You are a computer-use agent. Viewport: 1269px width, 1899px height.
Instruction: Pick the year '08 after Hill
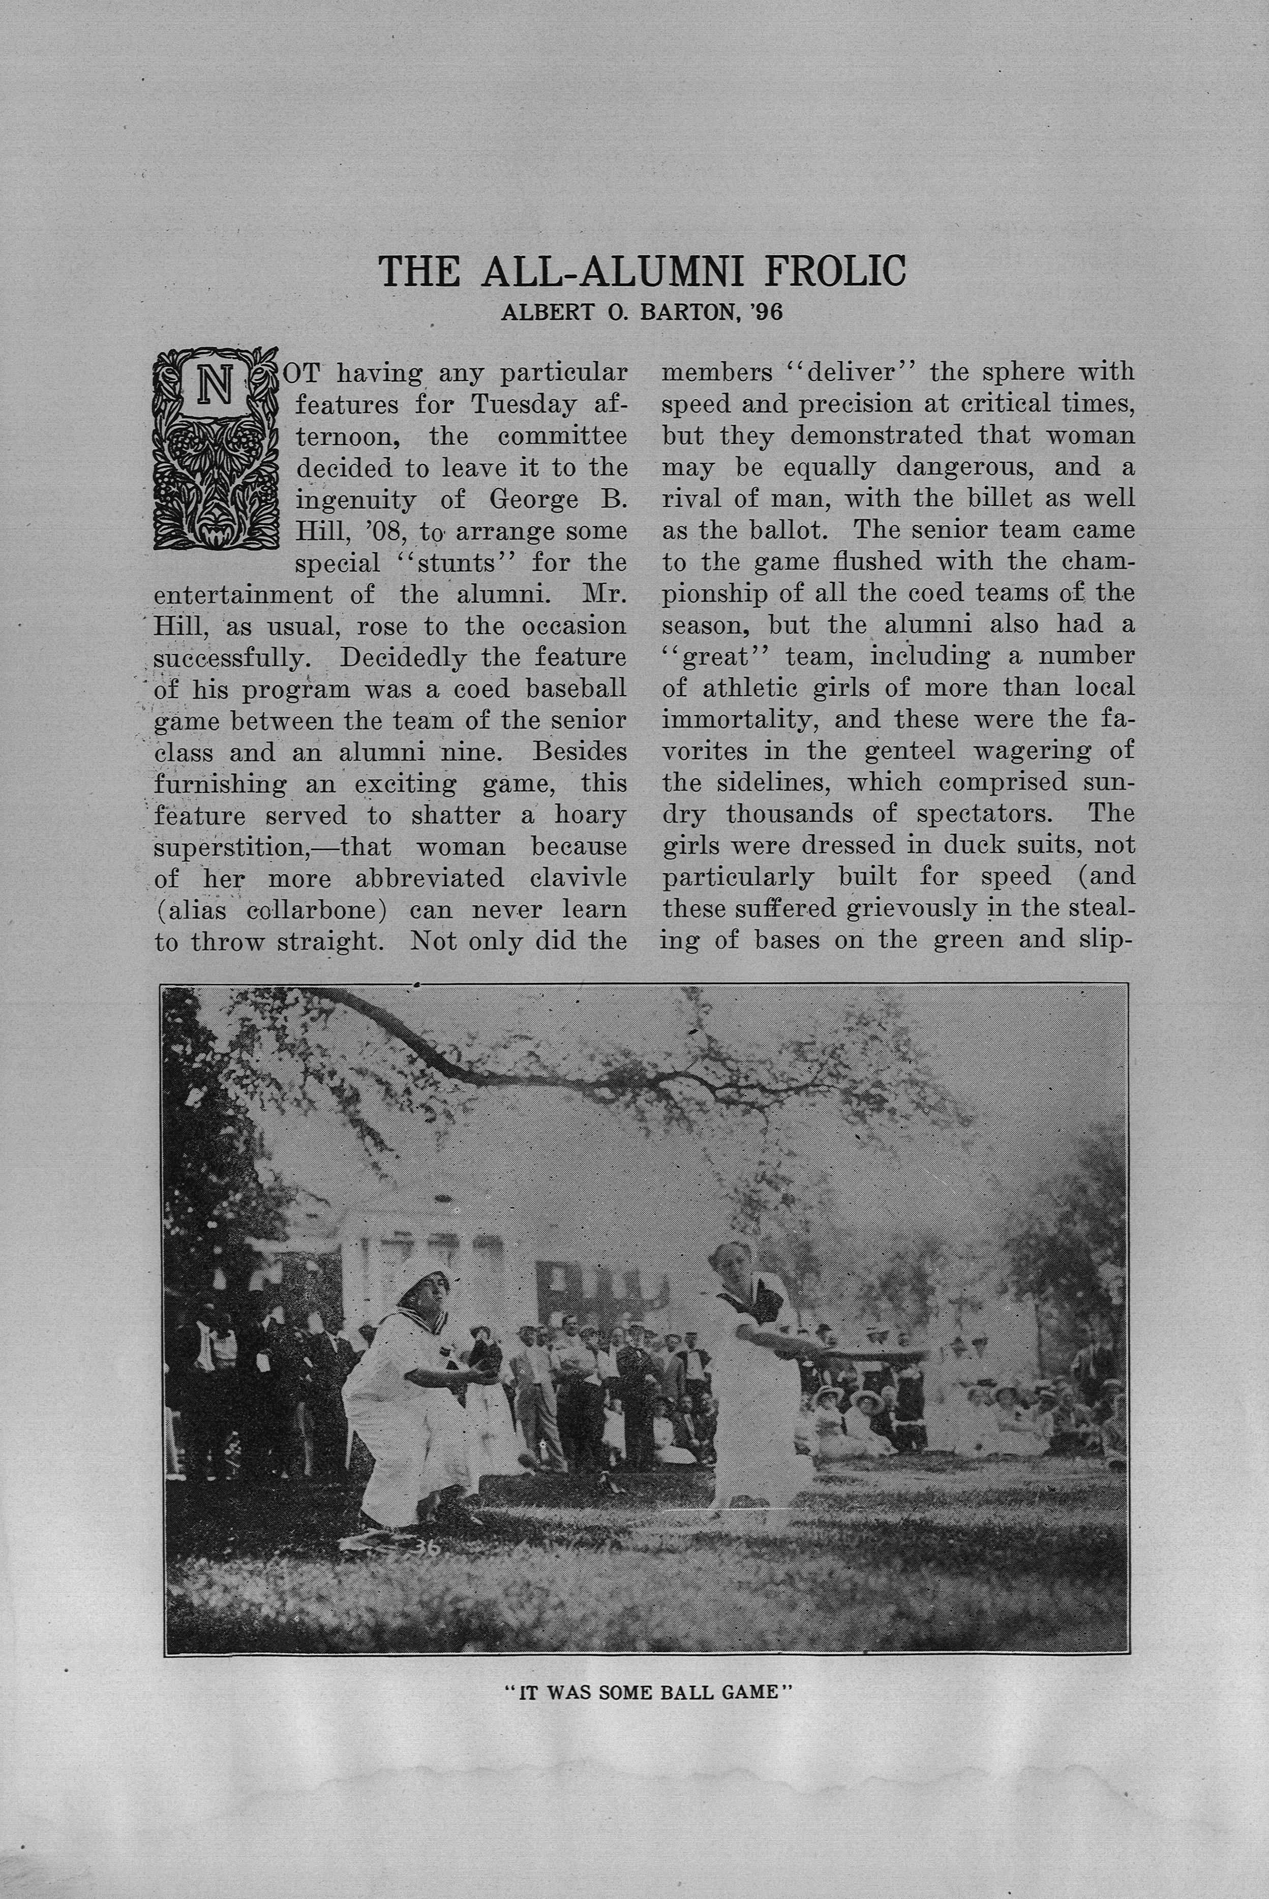[384, 532]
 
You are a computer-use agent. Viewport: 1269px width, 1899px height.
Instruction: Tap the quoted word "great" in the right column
[715, 657]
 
